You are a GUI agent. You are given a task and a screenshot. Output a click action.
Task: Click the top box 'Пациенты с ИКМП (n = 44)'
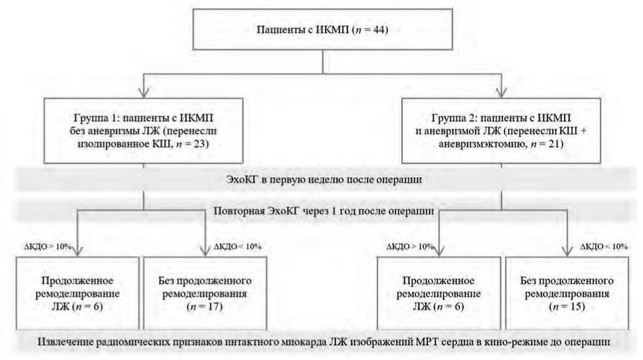pyautogui.click(x=321, y=29)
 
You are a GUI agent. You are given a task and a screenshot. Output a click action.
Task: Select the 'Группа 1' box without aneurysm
pyautogui.click(x=144, y=131)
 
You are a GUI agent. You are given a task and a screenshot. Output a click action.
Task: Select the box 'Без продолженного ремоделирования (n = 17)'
pyautogui.click(x=204, y=292)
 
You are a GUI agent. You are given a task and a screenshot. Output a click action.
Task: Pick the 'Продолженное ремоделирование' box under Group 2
pyautogui.click(x=439, y=292)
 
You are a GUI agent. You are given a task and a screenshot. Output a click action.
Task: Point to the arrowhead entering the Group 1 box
pyautogui.click(x=144, y=93)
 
